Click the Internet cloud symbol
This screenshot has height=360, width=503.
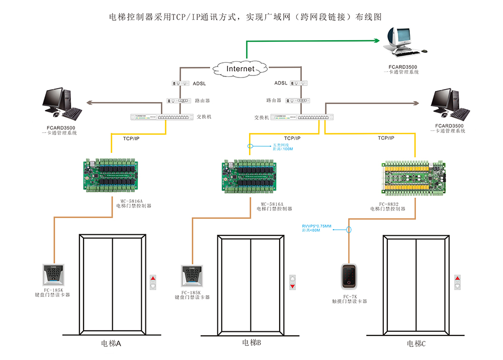pyautogui.click(x=240, y=68)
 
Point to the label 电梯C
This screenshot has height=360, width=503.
pyautogui.click(x=416, y=344)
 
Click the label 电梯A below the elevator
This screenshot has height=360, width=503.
pyautogui.click(x=111, y=344)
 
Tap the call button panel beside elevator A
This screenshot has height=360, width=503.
pyautogui.click(x=153, y=282)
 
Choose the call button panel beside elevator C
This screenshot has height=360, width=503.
pyautogui.click(x=457, y=282)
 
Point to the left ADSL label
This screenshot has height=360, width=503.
pyautogui.click(x=199, y=83)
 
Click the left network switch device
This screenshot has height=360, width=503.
pyautogui.click(x=162, y=117)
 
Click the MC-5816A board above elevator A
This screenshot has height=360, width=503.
pyautogui.click(x=111, y=175)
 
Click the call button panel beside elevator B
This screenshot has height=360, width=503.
pyautogui.click(x=292, y=282)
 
